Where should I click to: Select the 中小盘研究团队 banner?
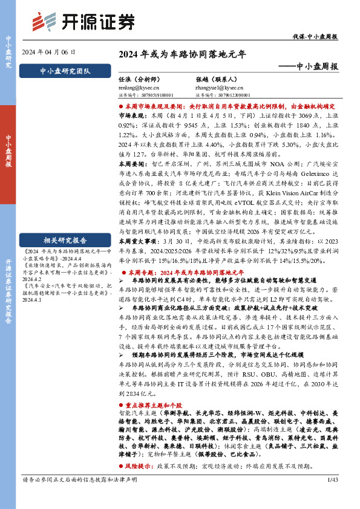pos(64,71)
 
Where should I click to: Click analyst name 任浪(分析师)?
pos(138,78)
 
